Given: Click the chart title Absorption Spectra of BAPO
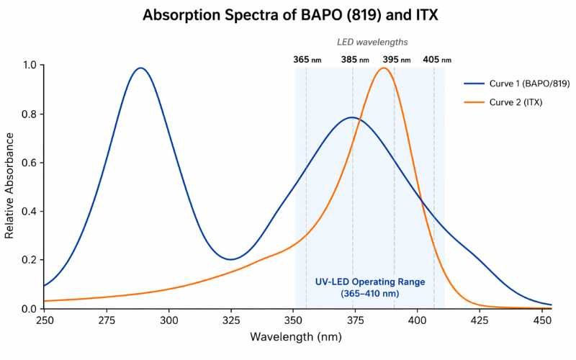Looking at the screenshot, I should click(x=288, y=14).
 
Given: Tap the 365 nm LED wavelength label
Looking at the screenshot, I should click(x=307, y=60).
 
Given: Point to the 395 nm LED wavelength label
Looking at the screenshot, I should click(x=396, y=60).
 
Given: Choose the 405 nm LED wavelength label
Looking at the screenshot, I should click(x=437, y=60).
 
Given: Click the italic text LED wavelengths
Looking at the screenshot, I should click(x=372, y=42).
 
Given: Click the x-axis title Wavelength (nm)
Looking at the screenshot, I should click(x=294, y=337).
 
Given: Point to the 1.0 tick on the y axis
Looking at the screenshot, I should click(x=30, y=66).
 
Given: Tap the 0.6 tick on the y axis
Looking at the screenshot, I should click(x=30, y=163).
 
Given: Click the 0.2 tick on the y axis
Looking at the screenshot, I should click(x=30, y=260).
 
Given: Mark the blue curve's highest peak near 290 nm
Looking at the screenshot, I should click(x=141, y=68).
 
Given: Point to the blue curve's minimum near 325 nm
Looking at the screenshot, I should click(x=230, y=259).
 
